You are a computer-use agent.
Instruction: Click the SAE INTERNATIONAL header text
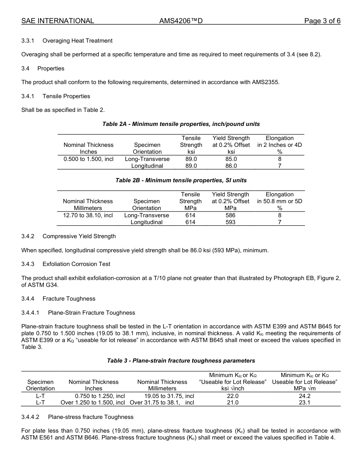coord(58,21)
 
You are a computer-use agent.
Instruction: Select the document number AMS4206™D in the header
coord(181,21)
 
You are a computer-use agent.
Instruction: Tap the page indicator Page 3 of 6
coord(322,21)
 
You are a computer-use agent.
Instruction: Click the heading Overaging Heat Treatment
coord(77,41)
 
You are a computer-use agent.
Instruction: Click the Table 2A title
coord(181,124)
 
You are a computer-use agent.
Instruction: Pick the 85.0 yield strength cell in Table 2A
coord(231,159)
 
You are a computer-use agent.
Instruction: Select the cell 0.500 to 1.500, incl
coord(88,159)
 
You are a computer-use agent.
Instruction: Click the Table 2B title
coord(181,180)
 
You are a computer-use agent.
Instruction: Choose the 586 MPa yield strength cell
coord(230,215)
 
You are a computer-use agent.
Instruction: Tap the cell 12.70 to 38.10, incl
coord(88,215)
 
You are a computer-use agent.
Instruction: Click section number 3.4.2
coord(28,236)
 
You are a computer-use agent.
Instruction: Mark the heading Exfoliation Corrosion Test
coord(77,264)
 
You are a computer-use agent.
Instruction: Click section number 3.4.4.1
coord(30,313)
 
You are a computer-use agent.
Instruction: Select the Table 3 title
coord(181,361)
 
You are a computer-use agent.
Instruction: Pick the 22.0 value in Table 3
coord(232,396)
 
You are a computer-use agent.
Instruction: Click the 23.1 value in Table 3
coord(304,403)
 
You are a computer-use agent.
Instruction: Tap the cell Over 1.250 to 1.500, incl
coord(93,403)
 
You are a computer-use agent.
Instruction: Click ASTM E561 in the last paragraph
coord(38,438)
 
